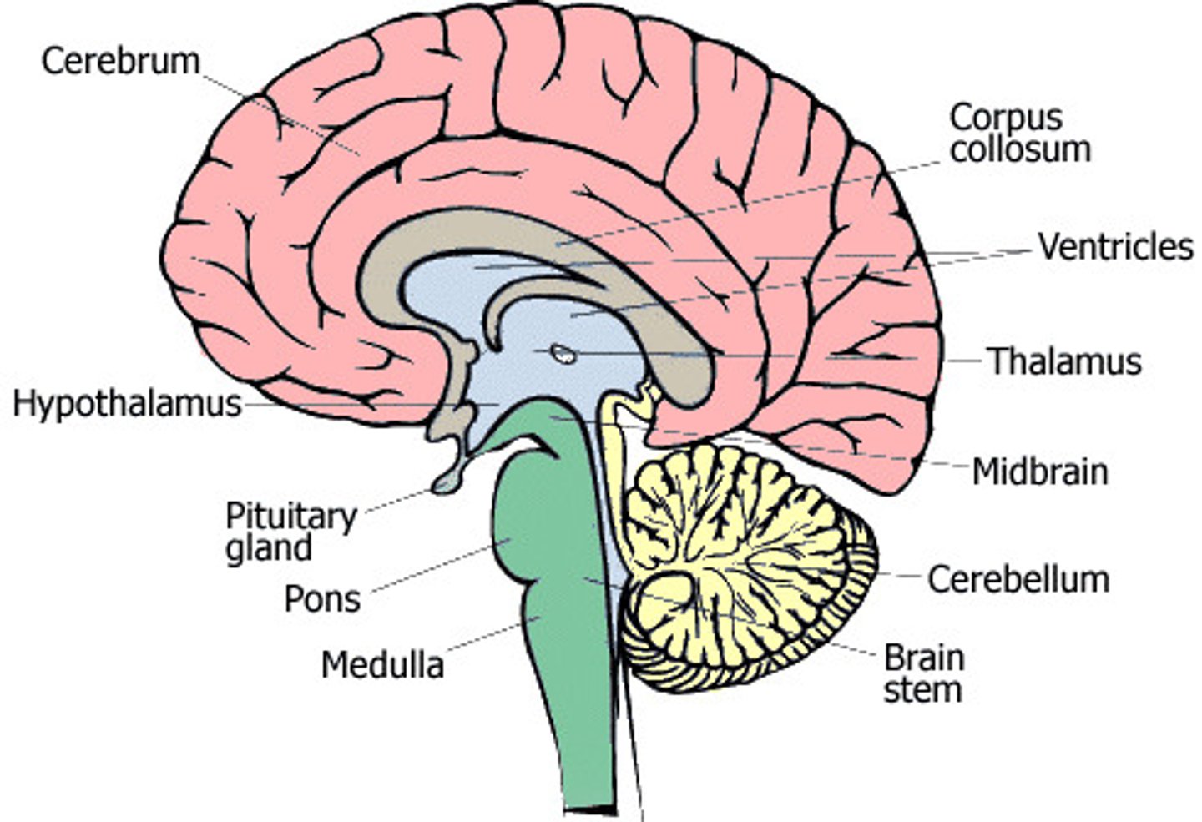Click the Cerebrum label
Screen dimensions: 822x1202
[x=120, y=62]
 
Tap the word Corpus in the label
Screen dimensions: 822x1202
[x=1006, y=117]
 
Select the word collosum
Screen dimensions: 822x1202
[x=1021, y=149]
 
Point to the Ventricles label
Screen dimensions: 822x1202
[x=1115, y=247]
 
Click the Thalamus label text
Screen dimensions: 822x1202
[x=1065, y=361]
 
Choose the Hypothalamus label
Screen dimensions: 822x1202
[x=127, y=404]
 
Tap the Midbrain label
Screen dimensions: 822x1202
[x=1040, y=472]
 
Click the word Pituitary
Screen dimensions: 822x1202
[x=291, y=517]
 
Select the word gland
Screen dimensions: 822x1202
[x=269, y=548]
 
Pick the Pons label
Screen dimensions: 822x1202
[x=322, y=599]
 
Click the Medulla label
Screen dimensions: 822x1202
[x=382, y=665]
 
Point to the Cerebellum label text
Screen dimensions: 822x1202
[x=1018, y=579]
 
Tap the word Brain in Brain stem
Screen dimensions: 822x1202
[x=924, y=658]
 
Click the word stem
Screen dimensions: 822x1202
[x=922, y=690]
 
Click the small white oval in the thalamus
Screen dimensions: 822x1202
[x=565, y=354]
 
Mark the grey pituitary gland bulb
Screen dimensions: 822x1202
[x=447, y=482]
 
